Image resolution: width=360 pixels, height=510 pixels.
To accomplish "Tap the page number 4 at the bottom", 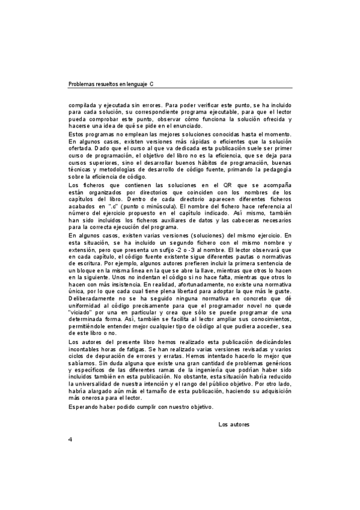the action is click(70, 473).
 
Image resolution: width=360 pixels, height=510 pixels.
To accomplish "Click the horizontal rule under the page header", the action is click(180, 89).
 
